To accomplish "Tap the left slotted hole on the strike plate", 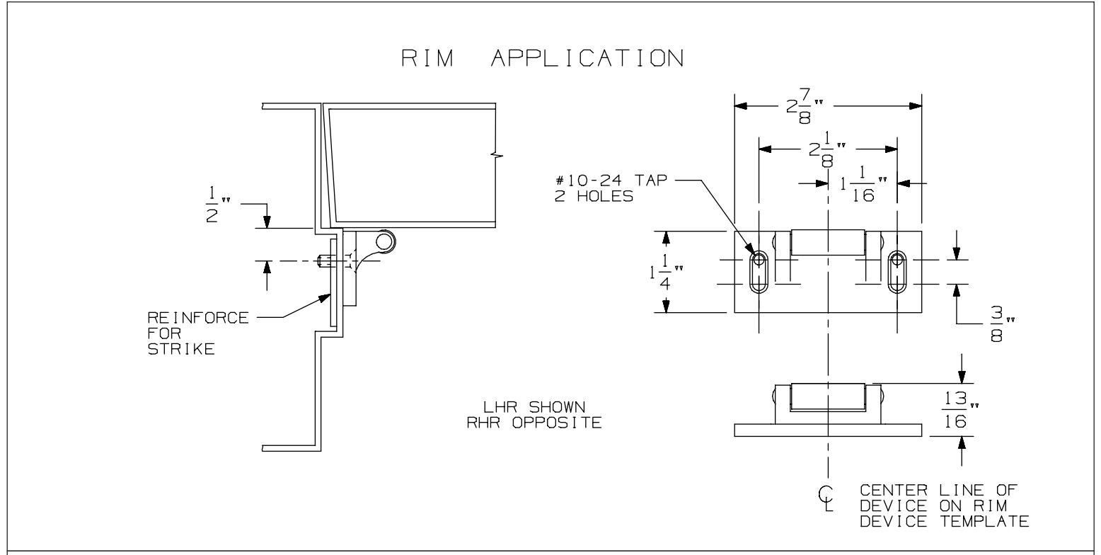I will [758, 272].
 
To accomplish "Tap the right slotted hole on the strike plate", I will [897, 272].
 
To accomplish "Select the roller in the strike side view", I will [826, 396].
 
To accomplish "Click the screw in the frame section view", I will [326, 261].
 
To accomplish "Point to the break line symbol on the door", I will [498, 155].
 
